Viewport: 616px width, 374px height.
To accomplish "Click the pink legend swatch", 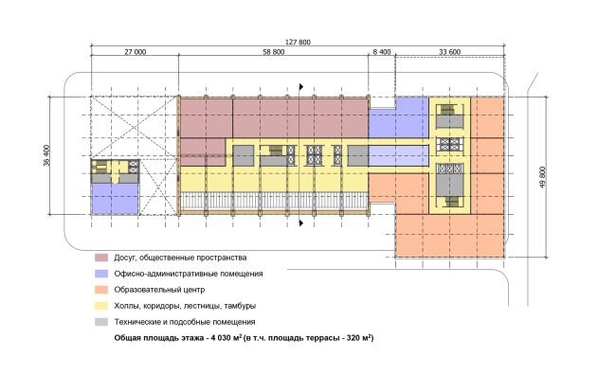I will tap(100, 258).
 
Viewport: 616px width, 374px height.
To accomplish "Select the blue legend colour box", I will tap(100, 274).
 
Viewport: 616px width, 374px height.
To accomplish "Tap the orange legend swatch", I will tap(100, 290).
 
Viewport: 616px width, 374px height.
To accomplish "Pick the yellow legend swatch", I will tap(100, 306).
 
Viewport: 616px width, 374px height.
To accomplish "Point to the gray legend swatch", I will tap(100, 322).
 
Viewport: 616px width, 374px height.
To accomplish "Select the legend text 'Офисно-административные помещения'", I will tap(188, 274).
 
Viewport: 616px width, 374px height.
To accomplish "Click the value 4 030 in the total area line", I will tap(220, 338).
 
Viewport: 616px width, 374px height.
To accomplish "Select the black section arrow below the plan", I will tap(302, 223).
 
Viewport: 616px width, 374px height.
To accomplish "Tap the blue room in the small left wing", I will tap(115, 198).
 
